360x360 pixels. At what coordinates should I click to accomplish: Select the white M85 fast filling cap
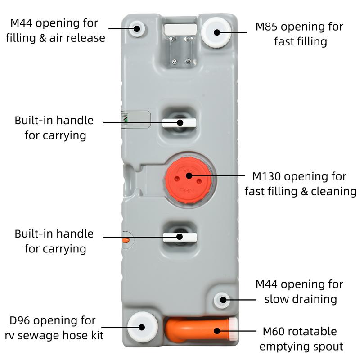pos(216,31)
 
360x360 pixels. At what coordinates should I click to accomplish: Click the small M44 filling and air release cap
pos(137,29)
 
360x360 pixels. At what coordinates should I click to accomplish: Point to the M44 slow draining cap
pos(221,300)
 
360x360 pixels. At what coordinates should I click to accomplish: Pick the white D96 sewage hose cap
pos(142,327)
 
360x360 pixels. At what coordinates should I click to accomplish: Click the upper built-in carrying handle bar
pos(180,122)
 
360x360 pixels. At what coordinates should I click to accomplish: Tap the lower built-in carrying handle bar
pos(180,236)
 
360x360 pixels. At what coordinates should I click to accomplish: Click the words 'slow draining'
pos(301,299)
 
